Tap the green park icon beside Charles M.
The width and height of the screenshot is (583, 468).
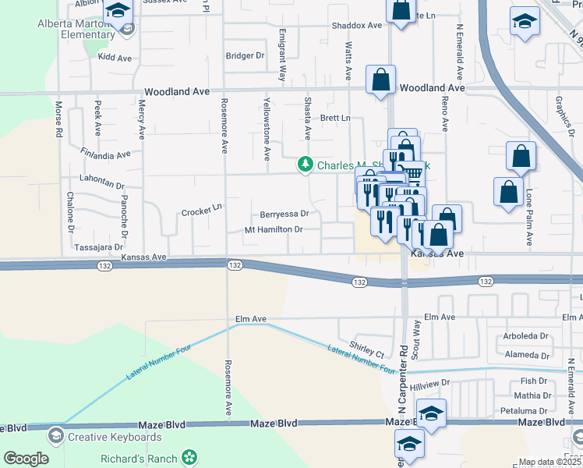[x=306, y=165]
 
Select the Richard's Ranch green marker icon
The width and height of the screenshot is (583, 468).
[x=189, y=458]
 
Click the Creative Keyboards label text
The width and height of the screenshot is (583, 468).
[x=115, y=437]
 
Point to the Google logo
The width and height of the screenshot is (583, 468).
[x=26, y=459]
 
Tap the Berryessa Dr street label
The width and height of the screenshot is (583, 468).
[x=284, y=213]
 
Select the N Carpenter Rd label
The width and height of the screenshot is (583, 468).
[x=403, y=380]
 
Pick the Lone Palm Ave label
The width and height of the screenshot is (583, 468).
[x=529, y=218]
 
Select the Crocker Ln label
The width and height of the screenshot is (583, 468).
[x=202, y=211]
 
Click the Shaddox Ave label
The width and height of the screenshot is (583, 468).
[x=357, y=25]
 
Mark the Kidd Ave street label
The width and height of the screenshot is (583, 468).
[x=115, y=58]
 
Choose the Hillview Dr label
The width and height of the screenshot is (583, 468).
[x=430, y=384]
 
